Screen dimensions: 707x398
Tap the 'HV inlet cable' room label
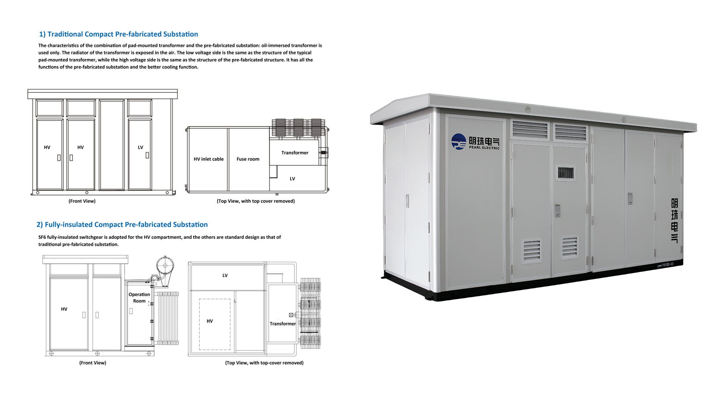pyautogui.click(x=209, y=159)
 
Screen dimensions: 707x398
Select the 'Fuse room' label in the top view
pyautogui.click(x=248, y=159)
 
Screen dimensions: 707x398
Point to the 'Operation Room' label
pyautogui.click(x=139, y=298)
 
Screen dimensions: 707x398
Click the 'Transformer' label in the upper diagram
pyautogui.click(x=295, y=153)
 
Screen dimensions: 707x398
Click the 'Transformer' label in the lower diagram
pyautogui.click(x=283, y=324)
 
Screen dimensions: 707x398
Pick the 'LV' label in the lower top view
pyautogui.click(x=225, y=275)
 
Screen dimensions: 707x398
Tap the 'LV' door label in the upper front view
pyautogui.click(x=140, y=147)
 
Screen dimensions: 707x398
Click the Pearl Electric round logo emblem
pyautogui.click(x=459, y=142)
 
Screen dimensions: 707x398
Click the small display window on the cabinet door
pyautogui.click(x=566, y=173)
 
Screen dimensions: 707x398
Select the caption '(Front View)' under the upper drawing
pyautogui.click(x=82, y=201)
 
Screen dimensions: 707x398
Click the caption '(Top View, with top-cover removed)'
pyautogui.click(x=264, y=363)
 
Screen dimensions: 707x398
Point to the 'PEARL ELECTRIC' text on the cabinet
pyautogui.click(x=484, y=148)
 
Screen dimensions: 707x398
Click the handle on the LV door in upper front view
pyautogui.click(x=147, y=155)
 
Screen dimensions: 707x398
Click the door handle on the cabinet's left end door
pyautogui.click(x=407, y=200)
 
